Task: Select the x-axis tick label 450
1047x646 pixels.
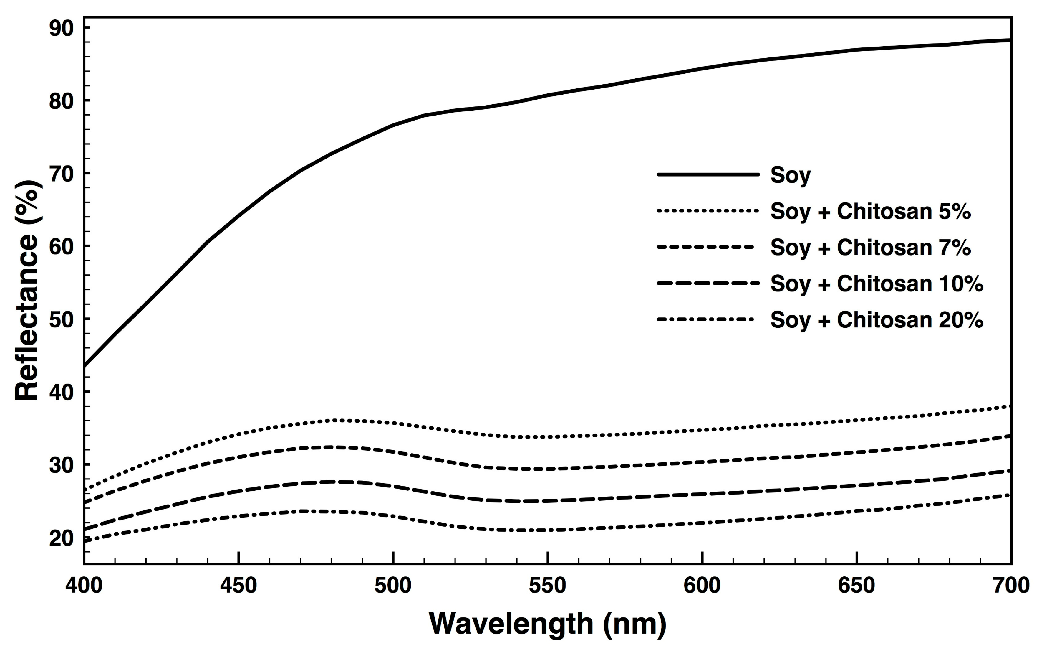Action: pyautogui.click(x=238, y=585)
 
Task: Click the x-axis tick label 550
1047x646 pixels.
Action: pyautogui.click(x=547, y=585)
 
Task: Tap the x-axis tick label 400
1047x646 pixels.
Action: pyautogui.click(x=84, y=585)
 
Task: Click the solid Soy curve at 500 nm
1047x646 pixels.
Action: pyautogui.click(x=393, y=125)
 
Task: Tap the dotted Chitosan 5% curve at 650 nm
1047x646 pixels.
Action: pyautogui.click(x=857, y=420)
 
